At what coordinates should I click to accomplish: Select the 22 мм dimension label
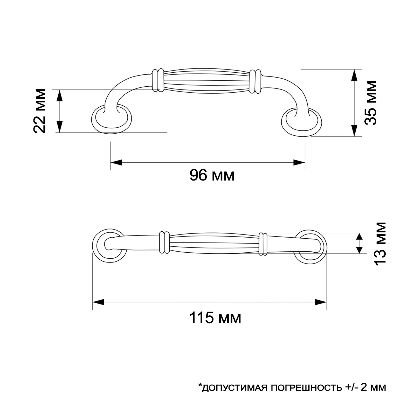pyautogui.click(x=40, y=111)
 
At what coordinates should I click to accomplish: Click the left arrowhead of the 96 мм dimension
pyautogui.click(x=116, y=163)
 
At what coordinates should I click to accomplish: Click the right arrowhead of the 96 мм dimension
pyautogui.click(x=299, y=163)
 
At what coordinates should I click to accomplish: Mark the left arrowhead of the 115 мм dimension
pyautogui.click(x=98, y=302)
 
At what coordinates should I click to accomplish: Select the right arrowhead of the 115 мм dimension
pyautogui.click(x=321, y=302)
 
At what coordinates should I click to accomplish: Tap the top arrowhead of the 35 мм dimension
pyautogui.click(x=354, y=75)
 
